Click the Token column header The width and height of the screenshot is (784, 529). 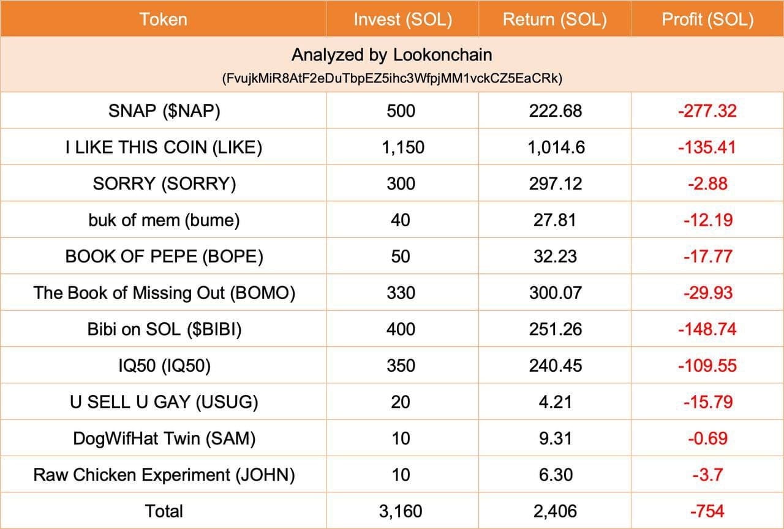coord(163,20)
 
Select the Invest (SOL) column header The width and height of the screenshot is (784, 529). coord(402,20)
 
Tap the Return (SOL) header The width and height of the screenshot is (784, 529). coord(554,20)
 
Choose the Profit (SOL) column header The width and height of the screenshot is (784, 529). coord(707,20)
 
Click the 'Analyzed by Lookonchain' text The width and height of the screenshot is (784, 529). coord(391,55)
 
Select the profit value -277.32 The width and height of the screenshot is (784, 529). coord(707,111)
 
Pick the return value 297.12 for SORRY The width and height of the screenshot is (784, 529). coord(555,183)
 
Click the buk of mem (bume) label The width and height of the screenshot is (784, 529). coord(164,220)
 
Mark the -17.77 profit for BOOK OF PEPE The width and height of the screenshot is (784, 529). coord(708,256)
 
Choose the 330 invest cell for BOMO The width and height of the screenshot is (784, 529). coord(401,293)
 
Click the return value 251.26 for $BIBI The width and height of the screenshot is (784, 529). coord(555,329)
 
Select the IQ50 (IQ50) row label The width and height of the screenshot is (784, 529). coord(164,366)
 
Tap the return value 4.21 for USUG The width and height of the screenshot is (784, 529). coord(555,402)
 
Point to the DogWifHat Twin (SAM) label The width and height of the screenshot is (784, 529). coord(164,438)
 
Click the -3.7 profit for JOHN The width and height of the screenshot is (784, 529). coord(708,475)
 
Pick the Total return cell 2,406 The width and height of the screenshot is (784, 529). coord(555,511)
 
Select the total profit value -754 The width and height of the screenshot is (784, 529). coord(708,511)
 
